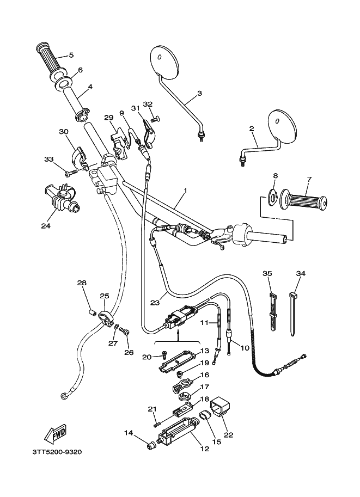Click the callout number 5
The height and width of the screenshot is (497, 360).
(x=71, y=54)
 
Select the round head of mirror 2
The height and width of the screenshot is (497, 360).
(x=283, y=125)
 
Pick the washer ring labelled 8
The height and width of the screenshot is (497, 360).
(x=274, y=195)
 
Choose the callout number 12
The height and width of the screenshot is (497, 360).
(x=205, y=449)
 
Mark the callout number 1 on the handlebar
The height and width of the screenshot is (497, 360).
(x=185, y=191)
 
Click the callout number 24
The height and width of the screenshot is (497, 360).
(x=45, y=225)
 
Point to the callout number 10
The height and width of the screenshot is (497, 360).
(x=244, y=347)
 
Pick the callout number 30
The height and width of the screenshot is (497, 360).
(x=63, y=132)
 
